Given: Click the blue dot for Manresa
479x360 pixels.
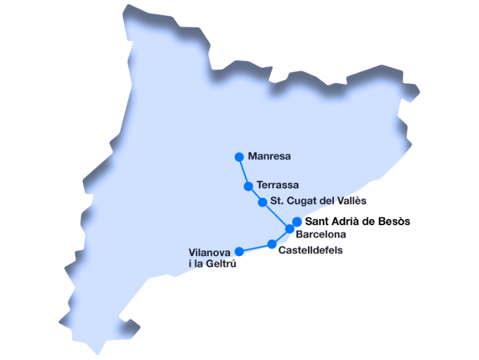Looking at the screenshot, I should (239, 157).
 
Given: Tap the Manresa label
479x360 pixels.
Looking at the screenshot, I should (270, 157).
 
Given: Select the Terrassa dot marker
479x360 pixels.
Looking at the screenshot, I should (248, 185).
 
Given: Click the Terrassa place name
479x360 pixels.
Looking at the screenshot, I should (277, 185).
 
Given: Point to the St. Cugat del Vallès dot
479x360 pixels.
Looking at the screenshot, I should (263, 202).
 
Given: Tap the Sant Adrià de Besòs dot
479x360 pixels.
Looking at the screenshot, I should (297, 221).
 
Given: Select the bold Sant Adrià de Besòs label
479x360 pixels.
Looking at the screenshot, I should (357, 221).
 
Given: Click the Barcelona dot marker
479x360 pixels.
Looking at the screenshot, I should (290, 229).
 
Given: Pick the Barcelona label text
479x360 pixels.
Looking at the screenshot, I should (320, 234).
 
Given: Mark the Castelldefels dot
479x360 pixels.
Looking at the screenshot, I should (272, 244).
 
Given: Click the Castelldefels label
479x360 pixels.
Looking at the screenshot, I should (311, 250).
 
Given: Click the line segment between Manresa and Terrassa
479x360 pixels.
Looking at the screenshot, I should (244, 171).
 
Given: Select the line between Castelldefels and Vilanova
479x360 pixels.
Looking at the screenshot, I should (256, 248).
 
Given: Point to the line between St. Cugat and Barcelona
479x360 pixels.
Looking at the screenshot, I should (276, 216).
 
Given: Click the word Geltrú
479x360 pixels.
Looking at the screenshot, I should (220, 264).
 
